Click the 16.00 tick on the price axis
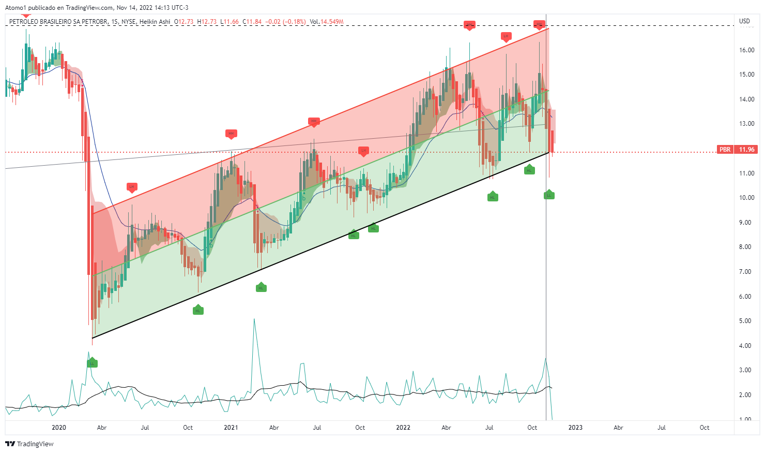[x=746, y=50]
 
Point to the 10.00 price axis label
[x=746, y=198]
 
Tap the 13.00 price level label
[x=746, y=124]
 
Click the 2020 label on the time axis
[x=59, y=428]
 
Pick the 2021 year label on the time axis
[x=231, y=428]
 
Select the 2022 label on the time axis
[x=403, y=428]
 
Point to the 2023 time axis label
[x=575, y=428]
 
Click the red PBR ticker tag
[x=725, y=150]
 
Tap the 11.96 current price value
[x=746, y=150]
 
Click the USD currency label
[x=744, y=21]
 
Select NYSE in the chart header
[x=129, y=22]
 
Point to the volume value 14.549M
[x=332, y=22]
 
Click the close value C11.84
[x=253, y=22]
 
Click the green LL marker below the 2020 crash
[x=92, y=363]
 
